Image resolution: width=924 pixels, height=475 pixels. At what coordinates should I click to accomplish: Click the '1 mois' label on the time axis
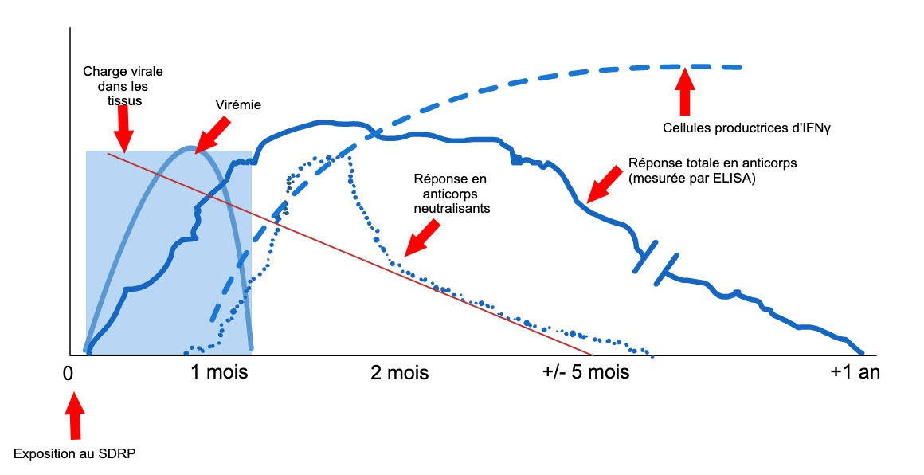(220, 372)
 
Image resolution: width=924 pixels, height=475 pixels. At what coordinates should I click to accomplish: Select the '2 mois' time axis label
(400, 372)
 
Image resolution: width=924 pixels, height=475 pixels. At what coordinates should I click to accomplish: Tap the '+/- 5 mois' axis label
(586, 372)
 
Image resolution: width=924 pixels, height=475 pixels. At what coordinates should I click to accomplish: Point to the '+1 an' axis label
(855, 372)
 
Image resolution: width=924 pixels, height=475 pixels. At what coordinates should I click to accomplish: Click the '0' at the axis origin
(69, 372)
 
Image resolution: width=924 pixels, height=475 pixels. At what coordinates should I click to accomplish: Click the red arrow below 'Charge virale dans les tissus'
(122, 128)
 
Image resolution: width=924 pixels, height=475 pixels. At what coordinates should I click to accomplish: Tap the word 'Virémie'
(238, 104)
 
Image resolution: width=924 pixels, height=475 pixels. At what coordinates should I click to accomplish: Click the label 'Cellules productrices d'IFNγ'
(730, 127)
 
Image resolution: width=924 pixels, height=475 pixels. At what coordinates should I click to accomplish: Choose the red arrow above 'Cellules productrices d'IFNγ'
(684, 91)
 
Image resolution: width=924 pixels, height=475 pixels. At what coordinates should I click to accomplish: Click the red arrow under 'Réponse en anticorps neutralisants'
(422, 237)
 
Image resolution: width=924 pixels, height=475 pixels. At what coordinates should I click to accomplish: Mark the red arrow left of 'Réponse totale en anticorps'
(604, 185)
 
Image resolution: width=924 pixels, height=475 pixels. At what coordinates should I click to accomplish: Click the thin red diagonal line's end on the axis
(591, 354)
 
